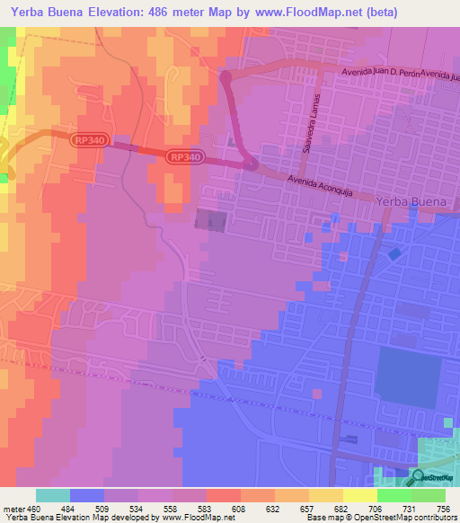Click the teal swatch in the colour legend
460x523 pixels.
pyautogui.click(x=53, y=495)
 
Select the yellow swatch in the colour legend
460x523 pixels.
pyautogui.click(x=359, y=495)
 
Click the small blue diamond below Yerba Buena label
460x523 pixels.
pyautogui.click(x=395, y=255)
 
